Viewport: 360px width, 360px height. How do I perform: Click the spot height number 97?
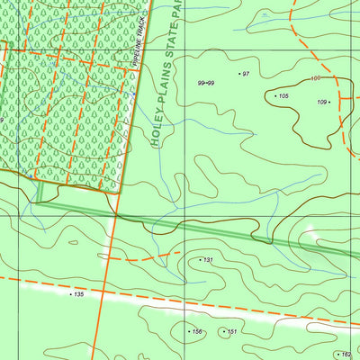pyautogui.click(x=247, y=74)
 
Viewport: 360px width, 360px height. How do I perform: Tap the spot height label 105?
pyautogui.click(x=283, y=95)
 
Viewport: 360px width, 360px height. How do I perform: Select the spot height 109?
pyautogui.click(x=321, y=102)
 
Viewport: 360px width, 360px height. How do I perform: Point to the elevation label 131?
pyautogui.click(x=208, y=260)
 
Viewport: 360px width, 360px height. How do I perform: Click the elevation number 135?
pyautogui.click(x=79, y=294)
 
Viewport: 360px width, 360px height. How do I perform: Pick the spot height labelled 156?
pyautogui.click(x=196, y=332)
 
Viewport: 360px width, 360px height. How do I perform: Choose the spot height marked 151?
pyautogui.click(x=231, y=332)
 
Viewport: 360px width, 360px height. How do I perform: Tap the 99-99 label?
pyautogui.click(x=205, y=83)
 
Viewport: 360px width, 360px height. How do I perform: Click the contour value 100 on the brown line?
pyautogui.click(x=316, y=79)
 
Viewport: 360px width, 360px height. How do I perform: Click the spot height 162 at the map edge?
pyautogui.click(x=347, y=355)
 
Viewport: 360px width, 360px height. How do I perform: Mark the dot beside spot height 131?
pyautogui.click(x=200, y=260)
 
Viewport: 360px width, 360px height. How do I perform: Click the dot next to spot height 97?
pyautogui.click(x=239, y=74)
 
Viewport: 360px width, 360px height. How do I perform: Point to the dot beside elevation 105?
pyautogui.click(x=274, y=95)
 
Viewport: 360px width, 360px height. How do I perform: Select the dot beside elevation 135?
pyautogui.click(x=70, y=294)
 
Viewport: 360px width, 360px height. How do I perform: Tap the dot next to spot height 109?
pyautogui.click(x=330, y=102)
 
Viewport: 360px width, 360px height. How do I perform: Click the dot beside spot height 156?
pyautogui.click(x=187, y=332)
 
